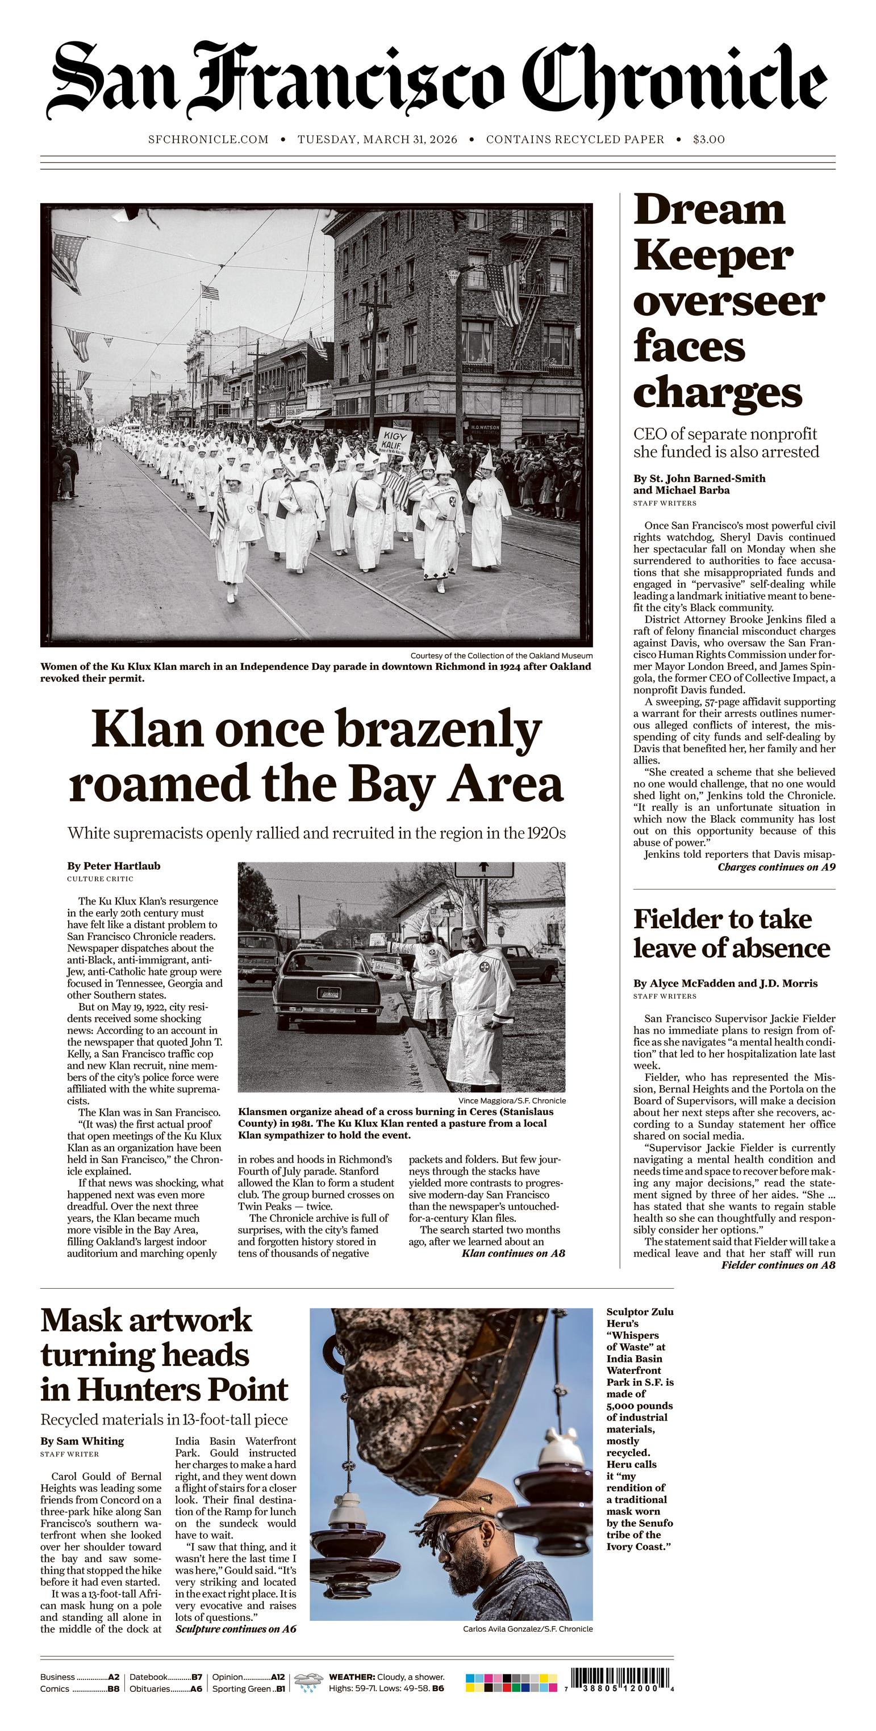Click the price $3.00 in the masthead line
(708, 140)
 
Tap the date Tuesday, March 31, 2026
(377, 140)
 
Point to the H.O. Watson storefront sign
(485, 427)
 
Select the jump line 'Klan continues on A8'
(513, 1253)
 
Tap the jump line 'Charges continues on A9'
(776, 867)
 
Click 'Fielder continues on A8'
(778, 1265)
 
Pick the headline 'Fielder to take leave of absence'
(732, 933)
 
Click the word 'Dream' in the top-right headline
(710, 209)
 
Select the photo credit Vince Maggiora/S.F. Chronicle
(512, 1101)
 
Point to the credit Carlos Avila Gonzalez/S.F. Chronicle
(528, 1629)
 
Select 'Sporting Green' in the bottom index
(241, 1688)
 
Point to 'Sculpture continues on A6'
(235, 1629)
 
